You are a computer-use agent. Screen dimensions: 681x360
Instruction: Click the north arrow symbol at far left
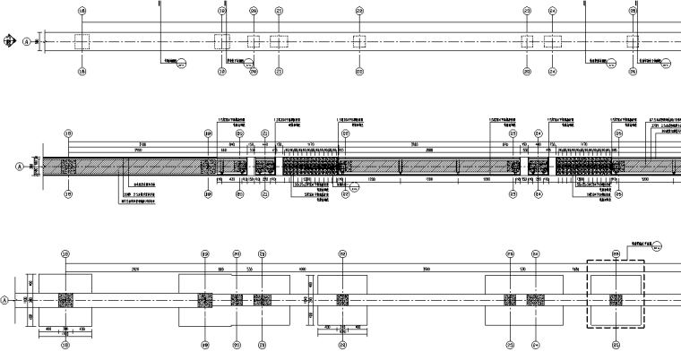(8, 40)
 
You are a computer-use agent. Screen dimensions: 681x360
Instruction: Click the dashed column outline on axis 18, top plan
(82, 41)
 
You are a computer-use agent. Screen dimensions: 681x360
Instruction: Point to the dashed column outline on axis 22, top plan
(359, 41)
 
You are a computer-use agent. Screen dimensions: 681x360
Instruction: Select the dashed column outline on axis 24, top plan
(552, 41)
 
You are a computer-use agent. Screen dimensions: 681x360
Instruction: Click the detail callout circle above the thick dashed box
(657, 246)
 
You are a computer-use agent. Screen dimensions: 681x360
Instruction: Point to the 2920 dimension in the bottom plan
(135, 268)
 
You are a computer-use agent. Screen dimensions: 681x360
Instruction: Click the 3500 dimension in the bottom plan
(426, 268)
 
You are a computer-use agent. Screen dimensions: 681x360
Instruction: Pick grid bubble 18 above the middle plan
(67, 133)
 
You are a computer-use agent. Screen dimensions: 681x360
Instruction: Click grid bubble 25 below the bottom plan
(615, 344)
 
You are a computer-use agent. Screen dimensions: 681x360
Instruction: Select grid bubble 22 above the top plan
(359, 11)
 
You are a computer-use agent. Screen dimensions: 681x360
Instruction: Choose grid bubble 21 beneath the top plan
(280, 72)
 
